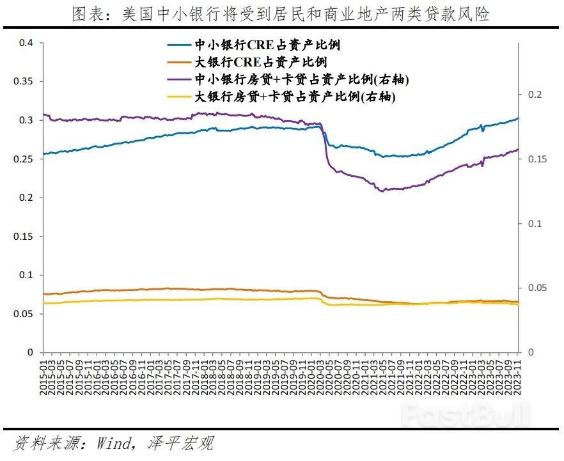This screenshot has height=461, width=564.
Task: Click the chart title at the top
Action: coord(283,14)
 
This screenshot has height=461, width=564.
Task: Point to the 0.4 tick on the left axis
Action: coord(26,43)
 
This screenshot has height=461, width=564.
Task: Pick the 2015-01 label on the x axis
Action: coord(43,377)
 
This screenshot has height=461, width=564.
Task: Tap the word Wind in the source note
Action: coord(114,443)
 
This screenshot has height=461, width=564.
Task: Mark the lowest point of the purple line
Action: coord(382,191)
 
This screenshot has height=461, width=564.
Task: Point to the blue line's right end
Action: coord(519,118)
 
